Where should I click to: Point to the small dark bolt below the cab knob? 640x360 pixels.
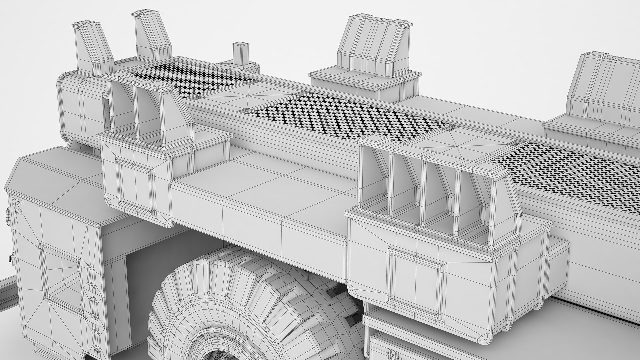tap(10, 258)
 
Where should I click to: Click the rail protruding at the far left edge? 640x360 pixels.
tap(7, 287)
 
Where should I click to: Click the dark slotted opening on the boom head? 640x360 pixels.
tap(106, 112)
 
